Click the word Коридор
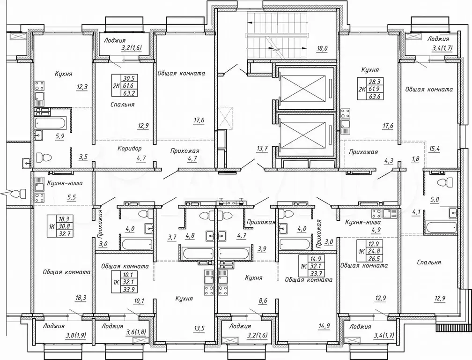(x=129, y=149)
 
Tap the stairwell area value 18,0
(x=322, y=49)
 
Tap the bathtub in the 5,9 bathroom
(x=50, y=123)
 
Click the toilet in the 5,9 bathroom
(x=44, y=157)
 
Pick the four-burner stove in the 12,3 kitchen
(x=39, y=86)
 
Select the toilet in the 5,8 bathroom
(x=445, y=182)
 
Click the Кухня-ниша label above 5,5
(x=65, y=183)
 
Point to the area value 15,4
(x=434, y=148)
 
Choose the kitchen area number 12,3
(x=81, y=87)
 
